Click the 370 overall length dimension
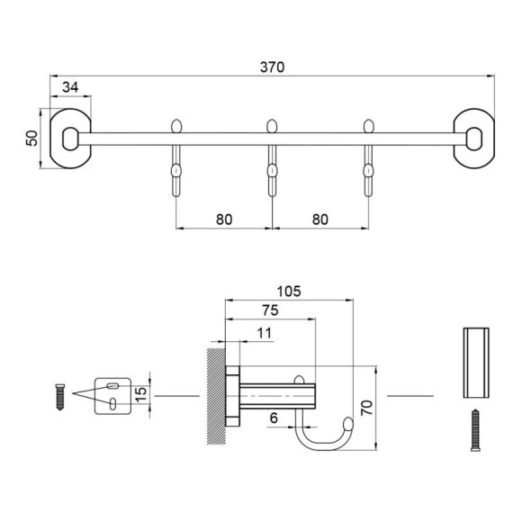pos(272,67)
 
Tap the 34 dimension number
pos(70,87)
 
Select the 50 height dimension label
pos(32,138)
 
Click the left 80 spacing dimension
pos(224,220)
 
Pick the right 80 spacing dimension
pos(320,220)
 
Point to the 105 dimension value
pos(289,292)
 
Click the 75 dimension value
pos(270,310)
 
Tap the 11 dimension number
pos(265,333)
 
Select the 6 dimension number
pos(274,418)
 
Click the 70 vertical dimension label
pos(367,408)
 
